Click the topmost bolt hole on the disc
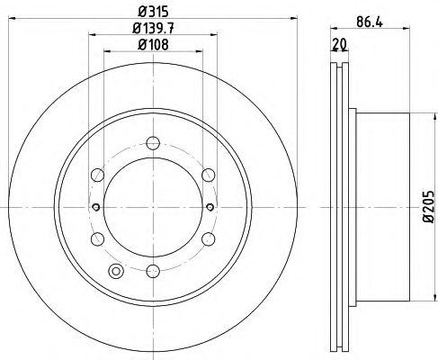153,141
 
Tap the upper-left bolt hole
97,174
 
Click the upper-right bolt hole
209,174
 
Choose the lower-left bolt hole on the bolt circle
97,238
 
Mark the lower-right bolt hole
209,238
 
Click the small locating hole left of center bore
96,207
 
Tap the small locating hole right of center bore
210,207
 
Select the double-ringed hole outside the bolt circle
114,272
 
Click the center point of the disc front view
153,207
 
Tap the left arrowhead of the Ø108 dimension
107,52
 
